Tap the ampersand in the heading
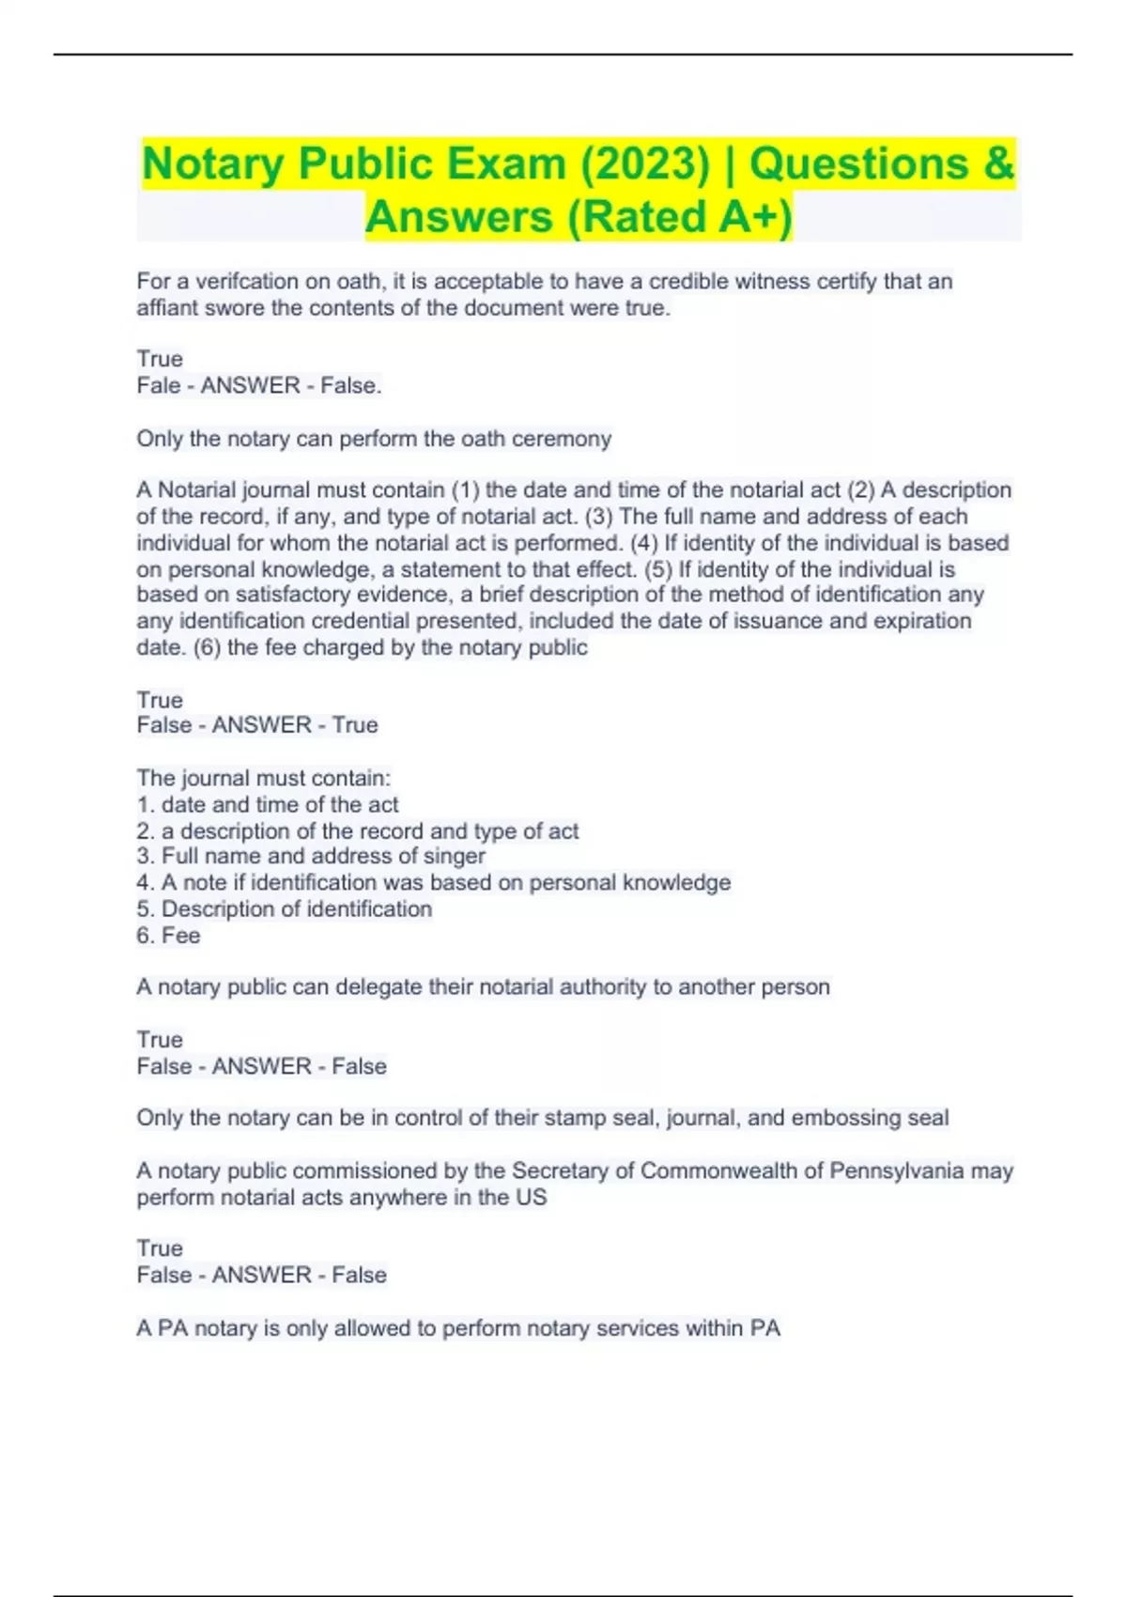(999, 164)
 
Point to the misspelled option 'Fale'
(159, 385)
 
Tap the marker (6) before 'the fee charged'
(207, 648)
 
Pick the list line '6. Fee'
(168, 936)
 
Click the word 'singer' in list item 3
(455, 857)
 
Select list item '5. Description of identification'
(285, 909)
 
